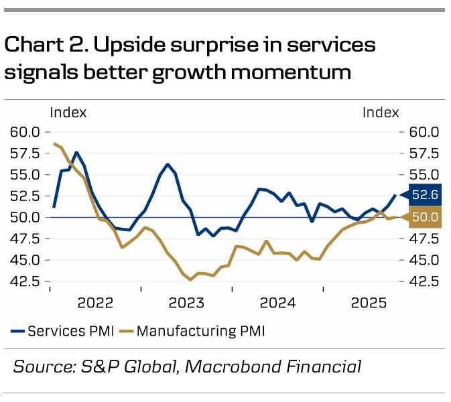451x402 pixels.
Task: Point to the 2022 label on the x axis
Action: (96, 303)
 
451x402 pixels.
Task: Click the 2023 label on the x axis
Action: (187, 303)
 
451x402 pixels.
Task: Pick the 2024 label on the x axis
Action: (277, 303)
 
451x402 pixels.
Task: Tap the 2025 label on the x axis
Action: (369, 303)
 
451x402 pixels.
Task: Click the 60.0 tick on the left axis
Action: (25, 132)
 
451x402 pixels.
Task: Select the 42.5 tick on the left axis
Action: (25, 281)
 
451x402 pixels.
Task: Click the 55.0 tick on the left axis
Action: (25, 175)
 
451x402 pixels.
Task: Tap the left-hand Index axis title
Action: (68, 113)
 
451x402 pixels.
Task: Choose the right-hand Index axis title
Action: (381, 113)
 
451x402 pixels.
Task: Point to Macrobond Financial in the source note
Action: (273, 366)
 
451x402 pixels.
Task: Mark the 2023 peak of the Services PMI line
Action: (168, 164)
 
